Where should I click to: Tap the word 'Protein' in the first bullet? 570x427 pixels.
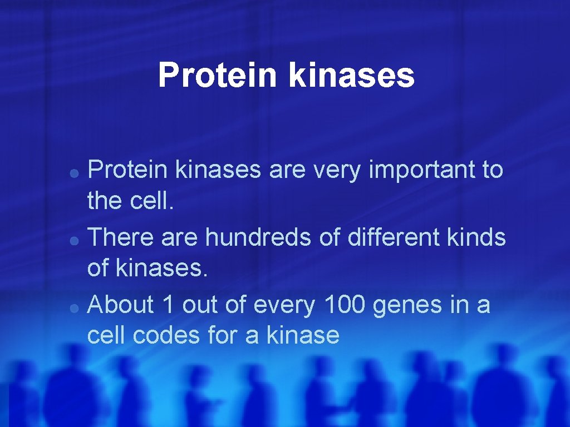tap(127, 170)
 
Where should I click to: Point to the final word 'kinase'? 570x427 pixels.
tap(303, 335)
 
